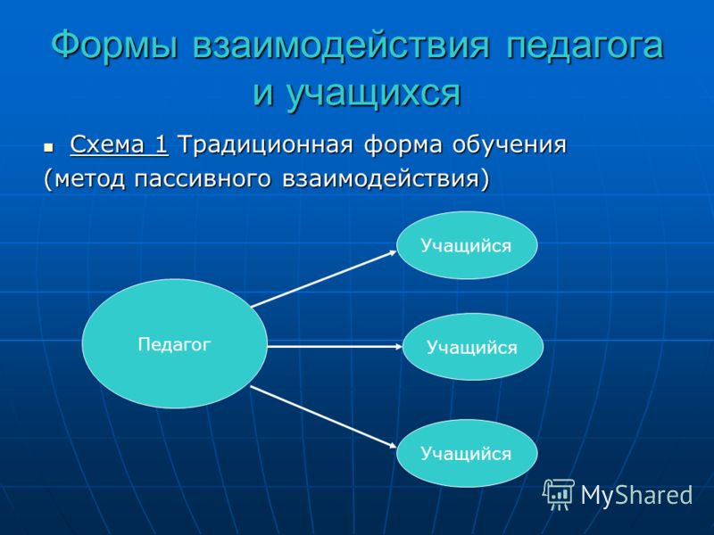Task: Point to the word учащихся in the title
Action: click(x=373, y=95)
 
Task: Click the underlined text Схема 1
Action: click(x=120, y=144)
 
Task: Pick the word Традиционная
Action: click(x=265, y=145)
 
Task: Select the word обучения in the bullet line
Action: click(x=509, y=145)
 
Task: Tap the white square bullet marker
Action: click(x=48, y=147)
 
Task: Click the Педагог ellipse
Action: click(x=174, y=343)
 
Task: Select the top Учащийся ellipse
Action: click(x=467, y=244)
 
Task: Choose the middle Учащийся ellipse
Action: click(x=473, y=347)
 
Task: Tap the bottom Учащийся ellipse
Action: click(x=467, y=453)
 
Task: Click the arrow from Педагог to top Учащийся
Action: click(x=324, y=279)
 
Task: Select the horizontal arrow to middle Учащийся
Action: click(x=335, y=347)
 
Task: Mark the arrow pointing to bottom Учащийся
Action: click(x=324, y=417)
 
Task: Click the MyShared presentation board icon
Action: click(x=559, y=495)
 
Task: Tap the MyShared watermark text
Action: click(x=636, y=495)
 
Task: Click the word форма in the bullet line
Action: click(x=403, y=145)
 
